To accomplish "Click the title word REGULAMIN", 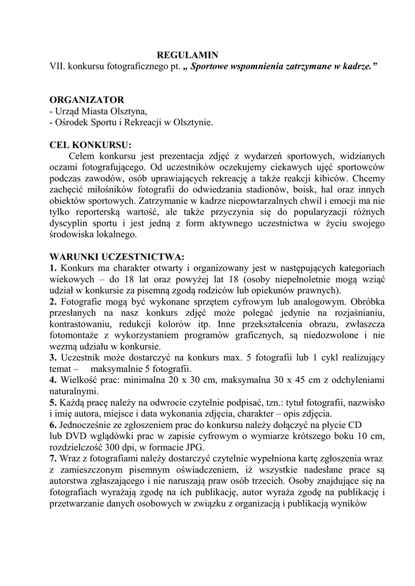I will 188,55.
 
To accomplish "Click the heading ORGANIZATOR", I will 86,100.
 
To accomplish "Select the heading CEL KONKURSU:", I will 90,144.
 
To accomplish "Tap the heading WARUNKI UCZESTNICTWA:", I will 117,256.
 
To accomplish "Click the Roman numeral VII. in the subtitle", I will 57,66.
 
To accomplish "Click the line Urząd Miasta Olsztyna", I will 100,111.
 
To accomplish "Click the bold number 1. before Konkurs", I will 53,268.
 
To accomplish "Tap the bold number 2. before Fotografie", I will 53,301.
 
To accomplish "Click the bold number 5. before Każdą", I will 53,402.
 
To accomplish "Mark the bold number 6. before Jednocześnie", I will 53,425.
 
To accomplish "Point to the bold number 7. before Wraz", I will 53,458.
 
